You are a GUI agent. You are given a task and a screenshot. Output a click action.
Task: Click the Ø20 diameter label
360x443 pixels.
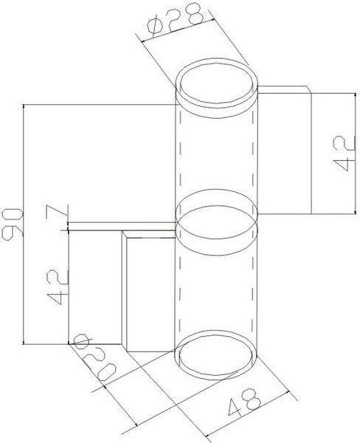point(94,360)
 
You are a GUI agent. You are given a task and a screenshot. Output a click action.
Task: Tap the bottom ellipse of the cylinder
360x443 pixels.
point(216,353)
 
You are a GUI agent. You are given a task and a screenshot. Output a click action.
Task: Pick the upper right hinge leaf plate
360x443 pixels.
point(284,151)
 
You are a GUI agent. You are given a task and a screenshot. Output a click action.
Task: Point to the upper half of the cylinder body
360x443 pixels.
point(216,148)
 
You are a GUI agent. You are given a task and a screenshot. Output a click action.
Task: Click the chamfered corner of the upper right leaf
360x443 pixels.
point(308,89)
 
